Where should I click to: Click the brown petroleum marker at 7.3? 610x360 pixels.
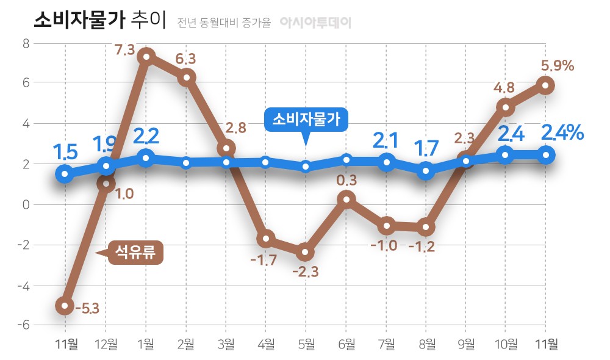pos(145,57)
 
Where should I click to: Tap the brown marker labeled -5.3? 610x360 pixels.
pos(65,306)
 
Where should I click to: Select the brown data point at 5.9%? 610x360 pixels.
pos(546,85)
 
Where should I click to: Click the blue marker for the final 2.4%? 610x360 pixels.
pos(546,155)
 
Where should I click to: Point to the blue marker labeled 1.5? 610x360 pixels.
pos(65,174)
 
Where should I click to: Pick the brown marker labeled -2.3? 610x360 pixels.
pos(306,251)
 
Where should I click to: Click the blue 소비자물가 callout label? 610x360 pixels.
pos(306,119)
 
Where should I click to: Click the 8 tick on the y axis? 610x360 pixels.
pos(26,43)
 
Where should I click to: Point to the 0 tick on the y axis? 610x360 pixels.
pos(26,204)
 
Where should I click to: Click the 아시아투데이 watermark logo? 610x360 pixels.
pos(315,23)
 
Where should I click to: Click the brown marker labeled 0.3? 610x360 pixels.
pos(346,199)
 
